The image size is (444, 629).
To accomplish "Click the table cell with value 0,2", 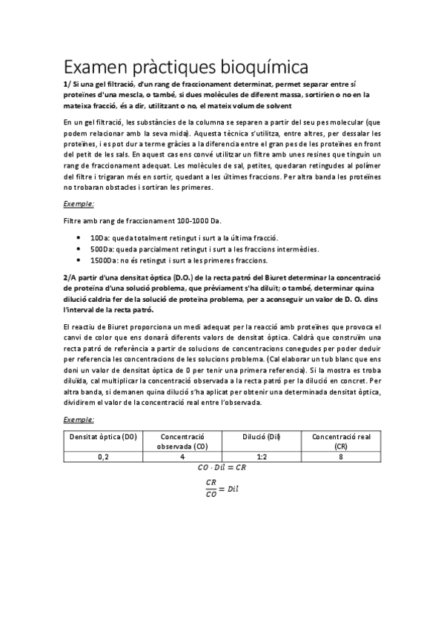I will pyautogui.click(x=103, y=458).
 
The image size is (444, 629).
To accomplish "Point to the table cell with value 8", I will pyautogui.click(x=341, y=458).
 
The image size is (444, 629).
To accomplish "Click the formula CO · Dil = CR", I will pyautogui.click(x=222, y=468).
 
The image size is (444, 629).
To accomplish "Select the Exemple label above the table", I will pyautogui.click(x=79, y=419).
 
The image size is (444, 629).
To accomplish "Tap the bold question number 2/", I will pyautogui.click(x=67, y=276).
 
